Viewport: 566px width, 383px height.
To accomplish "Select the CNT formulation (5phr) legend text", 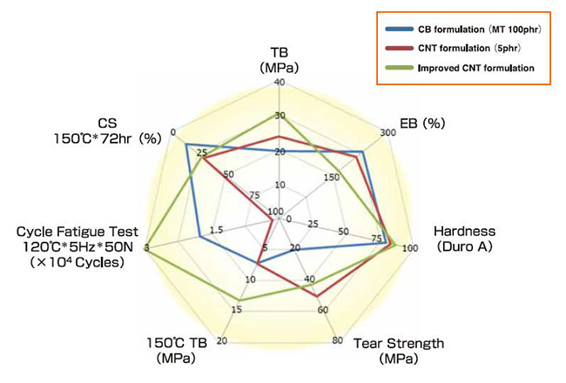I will pyautogui.click(x=454, y=50).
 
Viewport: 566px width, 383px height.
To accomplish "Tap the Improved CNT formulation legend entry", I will pyautogui.click(x=462, y=67).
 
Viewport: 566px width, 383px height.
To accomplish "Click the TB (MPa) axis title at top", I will pyautogui.click(x=279, y=58).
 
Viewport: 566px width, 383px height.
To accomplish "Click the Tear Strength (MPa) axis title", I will pyautogui.click(x=398, y=350).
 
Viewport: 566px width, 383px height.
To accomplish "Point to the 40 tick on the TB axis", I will pyautogui.click(x=279, y=83).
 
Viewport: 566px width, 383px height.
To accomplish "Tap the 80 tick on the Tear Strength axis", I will pyautogui.click(x=336, y=339).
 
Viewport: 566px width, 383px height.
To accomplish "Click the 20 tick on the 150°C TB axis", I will pyautogui.click(x=221, y=339).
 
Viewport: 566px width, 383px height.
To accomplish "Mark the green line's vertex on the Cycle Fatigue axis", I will pyautogui.click(x=146, y=248).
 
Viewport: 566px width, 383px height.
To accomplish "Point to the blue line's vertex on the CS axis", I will pyautogui.click(x=186, y=144).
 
